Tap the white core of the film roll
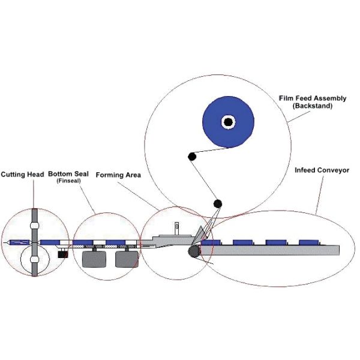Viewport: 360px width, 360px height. click(228, 122)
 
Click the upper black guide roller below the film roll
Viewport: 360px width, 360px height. click(192, 157)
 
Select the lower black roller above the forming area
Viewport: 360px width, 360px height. click(218, 203)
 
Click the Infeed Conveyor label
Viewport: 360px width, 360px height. click(321, 170)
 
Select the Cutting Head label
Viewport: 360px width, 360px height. click(23, 173)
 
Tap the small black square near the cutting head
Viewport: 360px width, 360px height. click(62, 254)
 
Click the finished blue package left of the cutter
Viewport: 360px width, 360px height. click(18, 242)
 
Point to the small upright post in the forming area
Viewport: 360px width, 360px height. click(177, 228)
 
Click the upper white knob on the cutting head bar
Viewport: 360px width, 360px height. click(35, 226)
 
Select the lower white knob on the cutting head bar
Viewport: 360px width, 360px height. click(35, 260)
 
